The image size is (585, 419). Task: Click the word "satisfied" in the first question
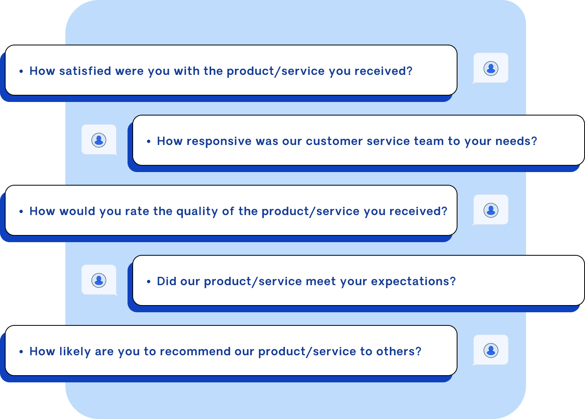pos(85,71)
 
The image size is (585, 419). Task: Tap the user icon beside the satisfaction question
pos(491,69)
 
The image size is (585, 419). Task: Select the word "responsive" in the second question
pos(219,141)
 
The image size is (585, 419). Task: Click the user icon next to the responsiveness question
pos(99,140)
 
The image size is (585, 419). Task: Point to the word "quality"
pos(197,211)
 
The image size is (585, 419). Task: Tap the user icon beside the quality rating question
pos(491,210)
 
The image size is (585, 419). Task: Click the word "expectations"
pos(410,282)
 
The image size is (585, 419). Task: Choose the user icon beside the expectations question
pos(99,280)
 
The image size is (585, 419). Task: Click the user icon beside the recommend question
pos(491,350)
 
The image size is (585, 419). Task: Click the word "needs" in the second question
pos(513,141)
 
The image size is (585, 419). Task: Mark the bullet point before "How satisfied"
pos(21,71)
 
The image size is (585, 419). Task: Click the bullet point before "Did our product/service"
pos(149,282)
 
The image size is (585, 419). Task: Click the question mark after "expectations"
pos(453,281)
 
